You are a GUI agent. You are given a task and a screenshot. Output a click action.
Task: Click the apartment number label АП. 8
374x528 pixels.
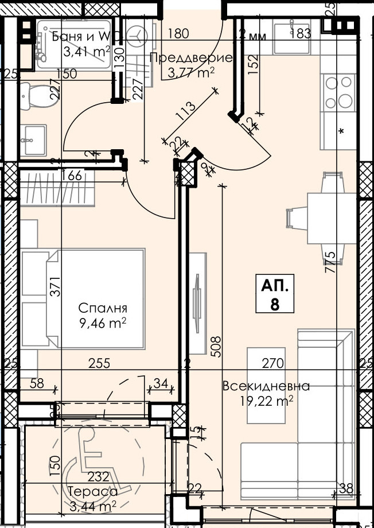tap(275, 294)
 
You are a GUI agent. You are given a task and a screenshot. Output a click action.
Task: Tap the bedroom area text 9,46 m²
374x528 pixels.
tap(103, 323)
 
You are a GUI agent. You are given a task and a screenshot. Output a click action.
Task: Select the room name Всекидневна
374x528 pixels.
tap(266, 386)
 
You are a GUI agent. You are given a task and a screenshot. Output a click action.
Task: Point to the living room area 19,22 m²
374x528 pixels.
tap(266, 401)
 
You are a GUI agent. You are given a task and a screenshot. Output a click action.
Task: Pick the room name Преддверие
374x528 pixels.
tap(190, 58)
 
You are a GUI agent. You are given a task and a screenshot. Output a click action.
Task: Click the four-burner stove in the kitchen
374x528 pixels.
tap(338, 92)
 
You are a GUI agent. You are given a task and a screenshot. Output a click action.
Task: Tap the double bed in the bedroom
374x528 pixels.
tap(83, 298)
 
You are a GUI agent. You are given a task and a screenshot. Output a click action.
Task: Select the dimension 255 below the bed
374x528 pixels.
tap(99, 363)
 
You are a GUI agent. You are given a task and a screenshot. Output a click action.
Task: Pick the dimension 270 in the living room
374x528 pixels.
tap(273, 363)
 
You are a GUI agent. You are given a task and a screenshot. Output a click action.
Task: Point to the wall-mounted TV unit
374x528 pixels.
tap(197, 303)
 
